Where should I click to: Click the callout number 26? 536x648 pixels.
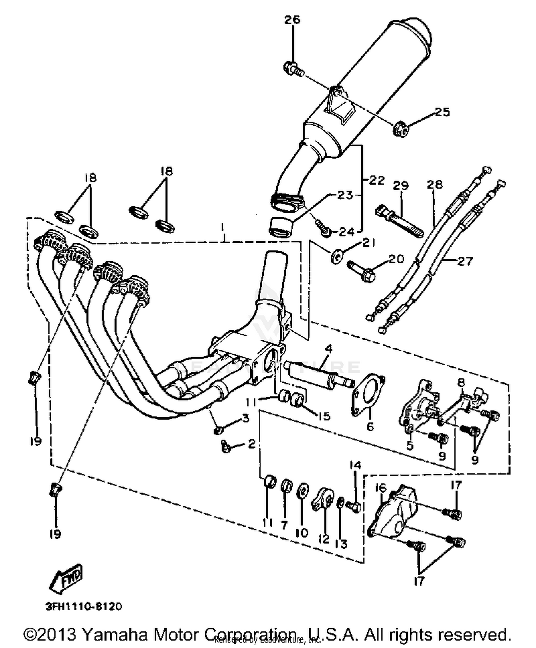click(x=292, y=20)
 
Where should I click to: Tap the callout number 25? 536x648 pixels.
click(x=442, y=112)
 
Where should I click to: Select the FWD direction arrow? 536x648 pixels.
click(x=67, y=577)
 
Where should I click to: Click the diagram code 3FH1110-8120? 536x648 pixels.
click(x=84, y=606)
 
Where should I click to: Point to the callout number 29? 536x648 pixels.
click(x=401, y=185)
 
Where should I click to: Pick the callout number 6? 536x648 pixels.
click(x=370, y=426)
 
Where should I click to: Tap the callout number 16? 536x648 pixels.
click(x=381, y=488)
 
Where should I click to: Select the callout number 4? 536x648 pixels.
click(x=328, y=348)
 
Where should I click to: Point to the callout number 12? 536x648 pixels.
click(x=324, y=539)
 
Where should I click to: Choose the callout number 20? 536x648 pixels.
click(x=396, y=259)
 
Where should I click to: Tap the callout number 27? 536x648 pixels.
click(x=465, y=261)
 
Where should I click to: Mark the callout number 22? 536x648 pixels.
click(x=377, y=180)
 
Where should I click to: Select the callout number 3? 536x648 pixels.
click(x=245, y=417)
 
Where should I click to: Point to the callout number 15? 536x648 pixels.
click(x=324, y=416)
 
